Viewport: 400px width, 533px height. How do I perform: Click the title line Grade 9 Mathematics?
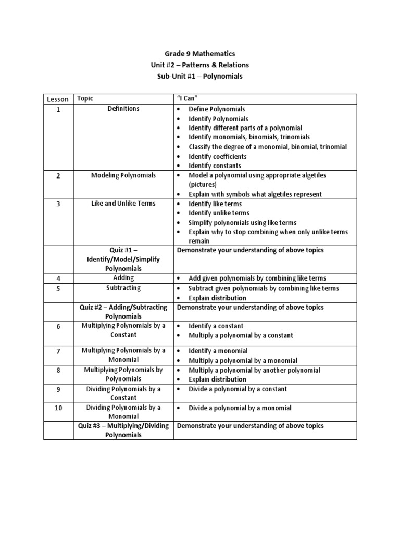click(200, 53)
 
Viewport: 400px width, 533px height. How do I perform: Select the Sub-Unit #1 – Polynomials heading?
click(200, 76)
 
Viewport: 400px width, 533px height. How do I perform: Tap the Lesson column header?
click(58, 99)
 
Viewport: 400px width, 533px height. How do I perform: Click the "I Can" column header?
click(189, 98)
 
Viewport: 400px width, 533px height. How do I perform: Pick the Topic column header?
click(85, 98)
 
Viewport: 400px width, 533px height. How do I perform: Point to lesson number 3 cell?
click(58, 204)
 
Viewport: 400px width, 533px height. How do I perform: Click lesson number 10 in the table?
click(58, 408)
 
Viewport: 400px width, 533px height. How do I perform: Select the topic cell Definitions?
click(123, 109)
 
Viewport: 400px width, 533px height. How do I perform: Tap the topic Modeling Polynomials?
click(123, 175)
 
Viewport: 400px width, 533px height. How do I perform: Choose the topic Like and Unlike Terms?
click(123, 204)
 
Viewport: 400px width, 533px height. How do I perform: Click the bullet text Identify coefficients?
click(218, 156)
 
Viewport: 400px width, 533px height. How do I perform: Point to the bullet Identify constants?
click(215, 166)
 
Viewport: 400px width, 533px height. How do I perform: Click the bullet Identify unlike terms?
click(219, 213)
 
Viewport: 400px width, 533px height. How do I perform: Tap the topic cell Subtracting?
click(123, 288)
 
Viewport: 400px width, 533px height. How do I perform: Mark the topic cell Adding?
click(123, 278)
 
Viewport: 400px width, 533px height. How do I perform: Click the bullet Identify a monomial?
click(218, 351)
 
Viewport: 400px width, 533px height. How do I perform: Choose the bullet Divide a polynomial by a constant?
click(238, 389)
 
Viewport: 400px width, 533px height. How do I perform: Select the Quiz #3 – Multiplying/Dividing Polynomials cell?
click(123, 430)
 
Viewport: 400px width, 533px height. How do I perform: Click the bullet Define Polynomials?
click(217, 109)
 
